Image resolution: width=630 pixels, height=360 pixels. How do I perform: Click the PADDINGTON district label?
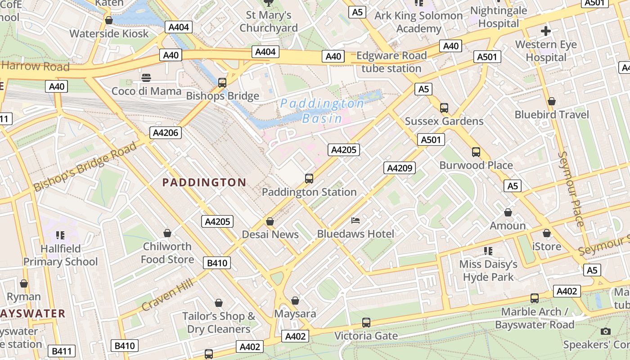pyautogui.click(x=204, y=182)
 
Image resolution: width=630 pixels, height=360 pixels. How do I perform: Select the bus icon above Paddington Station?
pyautogui.click(x=309, y=179)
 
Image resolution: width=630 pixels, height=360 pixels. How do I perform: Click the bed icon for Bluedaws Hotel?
pyautogui.click(x=355, y=220)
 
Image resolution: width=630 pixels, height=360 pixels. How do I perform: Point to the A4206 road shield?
pyautogui.click(x=166, y=133)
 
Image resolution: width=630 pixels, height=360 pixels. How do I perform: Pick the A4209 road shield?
pyautogui.click(x=400, y=168)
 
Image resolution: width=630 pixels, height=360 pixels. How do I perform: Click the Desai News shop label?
pyautogui.click(x=270, y=234)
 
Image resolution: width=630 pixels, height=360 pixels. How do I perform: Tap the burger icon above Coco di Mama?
pyautogui.click(x=146, y=78)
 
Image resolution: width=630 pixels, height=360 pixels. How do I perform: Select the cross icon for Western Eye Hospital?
pyautogui.click(x=546, y=31)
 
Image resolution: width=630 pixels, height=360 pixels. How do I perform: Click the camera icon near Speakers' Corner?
pyautogui.click(x=606, y=332)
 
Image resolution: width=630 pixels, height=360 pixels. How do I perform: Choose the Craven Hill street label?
pyautogui.click(x=167, y=295)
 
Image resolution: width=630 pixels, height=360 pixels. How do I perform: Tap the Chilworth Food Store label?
pyautogui.click(x=167, y=253)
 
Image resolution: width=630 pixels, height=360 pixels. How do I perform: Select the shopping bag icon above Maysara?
pyautogui.click(x=295, y=301)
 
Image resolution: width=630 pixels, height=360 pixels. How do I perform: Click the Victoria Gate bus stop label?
pyautogui.click(x=366, y=336)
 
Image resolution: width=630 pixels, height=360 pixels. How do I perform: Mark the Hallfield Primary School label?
pyautogui.click(x=60, y=255)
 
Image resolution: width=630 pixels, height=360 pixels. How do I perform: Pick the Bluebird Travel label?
pyautogui.click(x=551, y=115)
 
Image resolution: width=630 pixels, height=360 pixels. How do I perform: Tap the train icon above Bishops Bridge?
pyautogui.click(x=222, y=83)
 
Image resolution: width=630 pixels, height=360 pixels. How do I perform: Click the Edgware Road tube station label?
pyautogui.click(x=391, y=62)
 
